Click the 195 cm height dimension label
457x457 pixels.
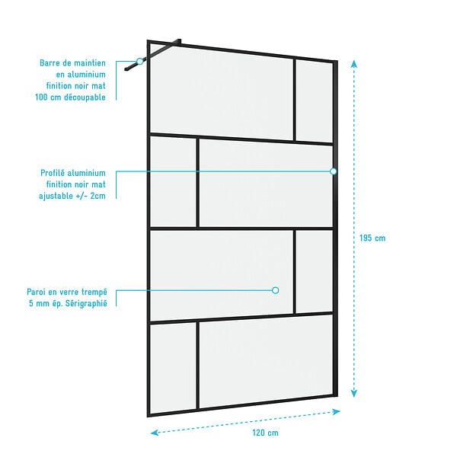[x=372, y=238]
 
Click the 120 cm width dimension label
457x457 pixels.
[x=265, y=433]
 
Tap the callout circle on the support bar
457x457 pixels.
[x=140, y=61]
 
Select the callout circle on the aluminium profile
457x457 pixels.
[x=334, y=171]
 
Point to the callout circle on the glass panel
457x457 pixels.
[x=276, y=290]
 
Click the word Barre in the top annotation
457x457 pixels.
[x=50, y=63]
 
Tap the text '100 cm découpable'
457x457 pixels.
[x=70, y=97]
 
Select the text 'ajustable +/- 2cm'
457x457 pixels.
[x=72, y=196]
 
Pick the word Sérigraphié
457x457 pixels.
[x=86, y=303]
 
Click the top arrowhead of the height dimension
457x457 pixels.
[x=354, y=63]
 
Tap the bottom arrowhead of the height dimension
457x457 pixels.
[x=354, y=394]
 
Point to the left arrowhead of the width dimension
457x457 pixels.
[x=155, y=433]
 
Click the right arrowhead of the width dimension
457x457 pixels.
[x=337, y=411]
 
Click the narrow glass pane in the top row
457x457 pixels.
[x=314, y=102]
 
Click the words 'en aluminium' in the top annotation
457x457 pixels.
[x=81, y=75]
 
